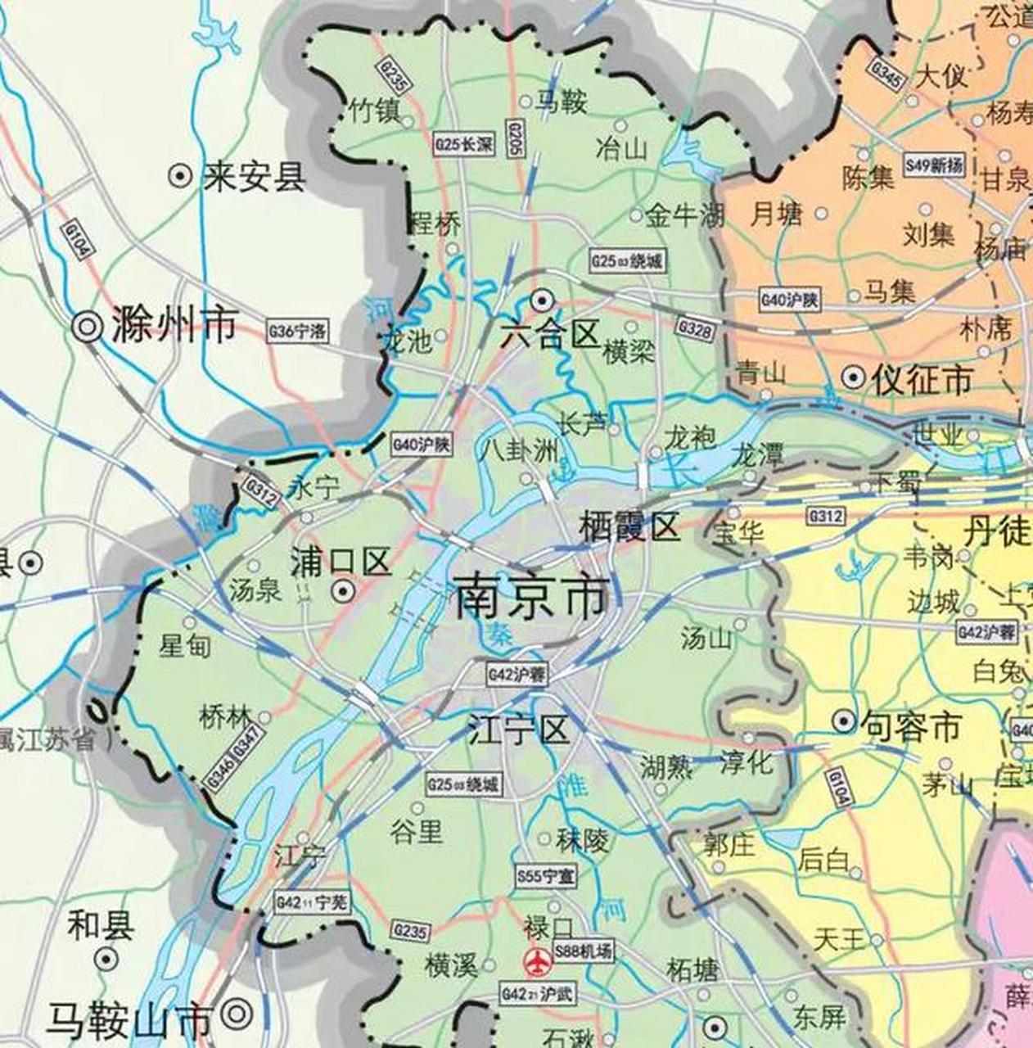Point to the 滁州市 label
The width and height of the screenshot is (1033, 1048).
pyautogui.click(x=174, y=325)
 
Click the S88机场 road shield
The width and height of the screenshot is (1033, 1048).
pyautogui.click(x=582, y=951)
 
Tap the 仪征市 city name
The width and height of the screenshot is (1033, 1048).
pyautogui.click(x=922, y=379)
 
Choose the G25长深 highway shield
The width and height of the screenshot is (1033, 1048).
pyautogui.click(x=464, y=144)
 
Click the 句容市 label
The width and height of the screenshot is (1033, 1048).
pyautogui.click(x=909, y=725)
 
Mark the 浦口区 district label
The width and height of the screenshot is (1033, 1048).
pyautogui.click(x=340, y=563)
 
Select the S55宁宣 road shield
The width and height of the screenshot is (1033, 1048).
pyautogui.click(x=545, y=875)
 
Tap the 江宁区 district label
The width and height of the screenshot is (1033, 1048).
pyautogui.click(x=518, y=729)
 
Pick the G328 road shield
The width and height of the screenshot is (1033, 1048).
pyautogui.click(x=694, y=329)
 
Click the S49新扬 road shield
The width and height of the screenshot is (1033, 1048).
pyautogui.click(x=934, y=165)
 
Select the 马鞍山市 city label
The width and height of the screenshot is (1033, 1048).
pyautogui.click(x=129, y=1020)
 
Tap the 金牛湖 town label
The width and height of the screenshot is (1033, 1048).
pyautogui.click(x=684, y=215)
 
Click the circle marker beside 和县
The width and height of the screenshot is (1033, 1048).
pyautogui.click(x=106, y=958)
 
